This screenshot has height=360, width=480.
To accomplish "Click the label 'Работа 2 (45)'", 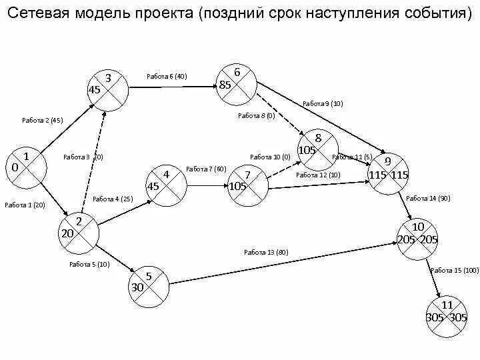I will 42,121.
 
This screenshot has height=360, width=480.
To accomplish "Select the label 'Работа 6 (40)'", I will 167,76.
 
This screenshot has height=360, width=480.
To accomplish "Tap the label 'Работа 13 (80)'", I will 266,252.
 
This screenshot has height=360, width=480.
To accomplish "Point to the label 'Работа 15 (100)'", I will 455,270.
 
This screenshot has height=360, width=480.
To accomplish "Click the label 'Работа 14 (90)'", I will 428,198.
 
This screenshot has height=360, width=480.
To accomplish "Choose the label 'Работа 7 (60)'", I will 206,169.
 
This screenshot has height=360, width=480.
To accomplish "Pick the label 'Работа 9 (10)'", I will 323,103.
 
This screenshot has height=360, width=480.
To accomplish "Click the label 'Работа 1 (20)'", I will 25,205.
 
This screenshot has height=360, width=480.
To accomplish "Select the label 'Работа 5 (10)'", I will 89,264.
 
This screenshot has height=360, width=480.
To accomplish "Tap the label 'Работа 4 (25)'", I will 113,199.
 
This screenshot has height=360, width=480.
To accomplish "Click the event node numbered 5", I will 149,283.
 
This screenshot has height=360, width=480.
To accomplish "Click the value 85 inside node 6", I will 225,85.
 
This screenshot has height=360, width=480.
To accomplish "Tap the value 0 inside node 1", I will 15,167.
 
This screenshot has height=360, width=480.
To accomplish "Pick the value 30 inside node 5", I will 137,287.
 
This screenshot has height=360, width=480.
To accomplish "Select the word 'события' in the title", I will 435,14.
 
